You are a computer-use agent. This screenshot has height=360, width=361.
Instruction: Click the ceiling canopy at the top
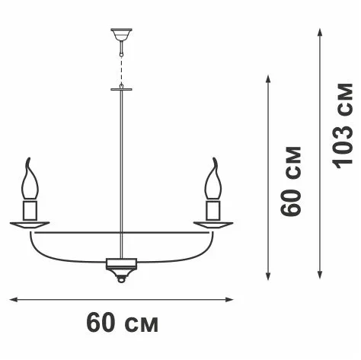click(121, 34)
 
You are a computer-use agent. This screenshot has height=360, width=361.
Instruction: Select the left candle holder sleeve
click(30, 210)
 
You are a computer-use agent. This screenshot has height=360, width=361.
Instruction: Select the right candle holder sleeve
click(213, 210)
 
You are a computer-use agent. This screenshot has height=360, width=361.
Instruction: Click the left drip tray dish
click(30, 225)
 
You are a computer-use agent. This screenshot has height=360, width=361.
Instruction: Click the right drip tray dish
click(213, 225)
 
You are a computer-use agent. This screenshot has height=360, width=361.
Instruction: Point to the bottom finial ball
click(121, 279)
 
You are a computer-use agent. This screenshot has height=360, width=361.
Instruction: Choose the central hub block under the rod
click(121, 264)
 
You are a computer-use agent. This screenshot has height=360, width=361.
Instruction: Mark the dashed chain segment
click(122, 69)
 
